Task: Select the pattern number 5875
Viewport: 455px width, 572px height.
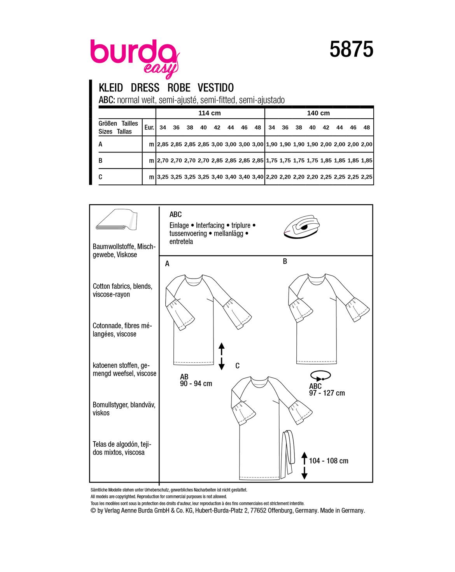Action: click(351, 50)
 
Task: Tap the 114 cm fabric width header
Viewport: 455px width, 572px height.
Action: click(210, 113)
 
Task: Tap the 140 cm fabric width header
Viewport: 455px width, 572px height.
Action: click(318, 113)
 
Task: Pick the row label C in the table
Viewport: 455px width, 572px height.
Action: click(100, 177)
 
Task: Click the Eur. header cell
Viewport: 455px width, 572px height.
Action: click(149, 127)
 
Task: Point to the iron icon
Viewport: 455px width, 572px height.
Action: click(302, 228)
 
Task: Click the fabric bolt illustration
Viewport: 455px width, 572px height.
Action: click(116, 221)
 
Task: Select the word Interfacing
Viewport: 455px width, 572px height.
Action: click(210, 225)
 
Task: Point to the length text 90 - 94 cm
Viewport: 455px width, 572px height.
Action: click(196, 384)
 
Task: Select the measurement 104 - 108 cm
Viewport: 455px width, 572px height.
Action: click(329, 461)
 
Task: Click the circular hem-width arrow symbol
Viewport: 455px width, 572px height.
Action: click(320, 376)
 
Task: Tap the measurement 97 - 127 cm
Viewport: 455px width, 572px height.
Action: click(327, 393)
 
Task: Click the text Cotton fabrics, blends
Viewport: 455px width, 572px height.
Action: click(122, 286)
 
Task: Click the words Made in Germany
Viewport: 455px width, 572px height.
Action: click(343, 511)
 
